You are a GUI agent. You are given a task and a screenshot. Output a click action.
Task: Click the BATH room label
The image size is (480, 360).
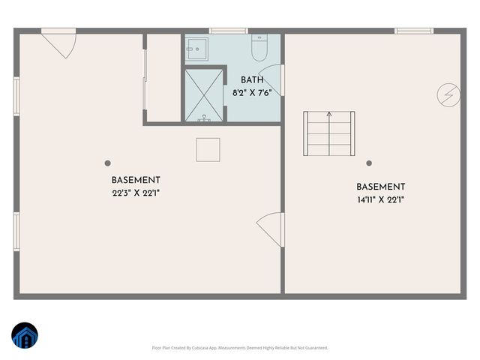pyautogui.click(x=252, y=80)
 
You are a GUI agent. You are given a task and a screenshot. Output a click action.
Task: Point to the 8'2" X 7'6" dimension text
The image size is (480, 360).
pyautogui.click(x=252, y=93)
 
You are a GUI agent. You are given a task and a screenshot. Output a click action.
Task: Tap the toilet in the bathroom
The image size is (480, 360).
pyautogui.click(x=259, y=49)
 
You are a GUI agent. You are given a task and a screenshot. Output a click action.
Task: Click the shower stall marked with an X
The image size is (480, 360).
pyautogui.click(x=204, y=94)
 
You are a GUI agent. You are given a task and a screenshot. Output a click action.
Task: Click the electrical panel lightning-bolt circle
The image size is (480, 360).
pyautogui.click(x=448, y=94)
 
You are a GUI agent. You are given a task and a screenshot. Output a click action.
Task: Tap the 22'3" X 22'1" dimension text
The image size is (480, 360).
pyautogui.click(x=136, y=193)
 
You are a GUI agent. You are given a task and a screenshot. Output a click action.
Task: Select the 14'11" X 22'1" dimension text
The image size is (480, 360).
pyautogui.click(x=381, y=199)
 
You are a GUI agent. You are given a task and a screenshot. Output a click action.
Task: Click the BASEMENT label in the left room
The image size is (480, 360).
pyautogui.click(x=136, y=181)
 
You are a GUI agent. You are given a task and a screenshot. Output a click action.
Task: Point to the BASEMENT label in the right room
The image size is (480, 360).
pyautogui.click(x=381, y=187)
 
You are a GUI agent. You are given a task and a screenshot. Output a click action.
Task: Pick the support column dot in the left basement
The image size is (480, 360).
pyautogui.click(x=108, y=163)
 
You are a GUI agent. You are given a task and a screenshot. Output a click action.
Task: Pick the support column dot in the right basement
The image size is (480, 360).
pyautogui.click(x=369, y=163)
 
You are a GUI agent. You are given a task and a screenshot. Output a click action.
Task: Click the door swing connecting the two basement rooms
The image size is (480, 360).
pyautogui.click(x=270, y=228)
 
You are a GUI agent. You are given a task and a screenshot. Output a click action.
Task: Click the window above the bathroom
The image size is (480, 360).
pyautogui.click(x=223, y=31)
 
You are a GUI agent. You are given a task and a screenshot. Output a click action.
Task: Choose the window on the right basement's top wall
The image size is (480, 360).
pyautogui.click(x=414, y=31)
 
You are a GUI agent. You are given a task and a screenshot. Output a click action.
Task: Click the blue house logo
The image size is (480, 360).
pyautogui.click(x=24, y=336)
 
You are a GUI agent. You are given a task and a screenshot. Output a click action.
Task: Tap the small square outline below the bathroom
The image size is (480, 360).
pyautogui.click(x=208, y=150)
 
